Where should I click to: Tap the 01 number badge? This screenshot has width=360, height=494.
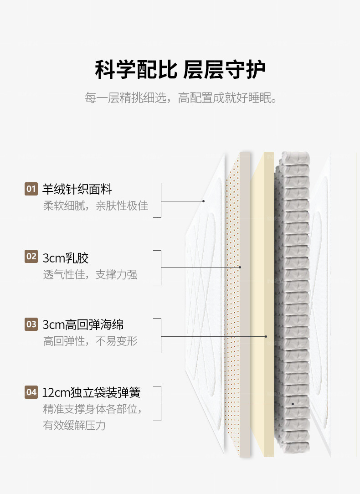31,189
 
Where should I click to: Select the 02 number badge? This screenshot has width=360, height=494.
31,257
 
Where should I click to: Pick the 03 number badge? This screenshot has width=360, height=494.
31,324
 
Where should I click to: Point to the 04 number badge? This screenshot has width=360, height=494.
31,392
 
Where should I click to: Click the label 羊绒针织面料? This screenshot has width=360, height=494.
77,189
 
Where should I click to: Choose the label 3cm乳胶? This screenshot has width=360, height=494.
66,258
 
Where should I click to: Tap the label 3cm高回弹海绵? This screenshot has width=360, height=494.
83,325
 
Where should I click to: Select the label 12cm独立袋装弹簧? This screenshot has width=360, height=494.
91,392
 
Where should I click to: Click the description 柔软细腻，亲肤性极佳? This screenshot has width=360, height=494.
95,206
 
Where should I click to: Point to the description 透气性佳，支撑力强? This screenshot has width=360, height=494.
90,274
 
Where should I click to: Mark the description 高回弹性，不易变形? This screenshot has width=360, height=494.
90,341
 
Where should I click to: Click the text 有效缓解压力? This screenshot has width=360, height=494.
74,425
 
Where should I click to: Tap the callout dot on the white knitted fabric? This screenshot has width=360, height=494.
203,201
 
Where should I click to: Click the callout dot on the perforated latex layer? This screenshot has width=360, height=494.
240,268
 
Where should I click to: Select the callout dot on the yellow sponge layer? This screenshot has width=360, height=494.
266,336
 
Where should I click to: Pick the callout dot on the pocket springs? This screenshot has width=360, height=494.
293,404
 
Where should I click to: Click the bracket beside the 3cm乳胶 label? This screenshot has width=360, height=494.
159,268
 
